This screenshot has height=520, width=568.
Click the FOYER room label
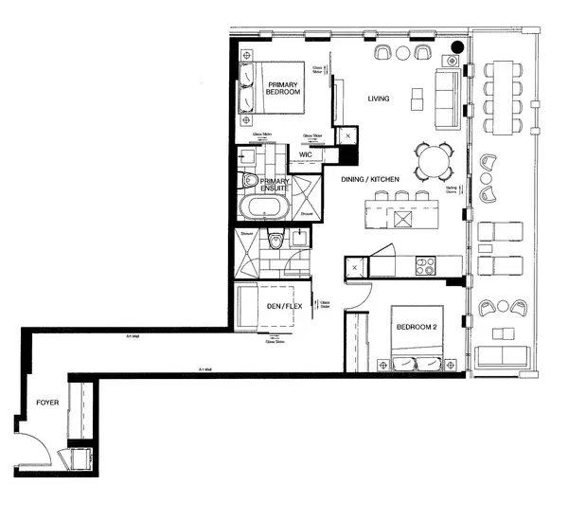(47, 403)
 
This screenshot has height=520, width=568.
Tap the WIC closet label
(306, 153)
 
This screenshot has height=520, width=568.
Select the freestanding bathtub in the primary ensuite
(259, 209)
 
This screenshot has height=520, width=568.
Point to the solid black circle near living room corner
(457, 45)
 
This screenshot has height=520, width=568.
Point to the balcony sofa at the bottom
(501, 357)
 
